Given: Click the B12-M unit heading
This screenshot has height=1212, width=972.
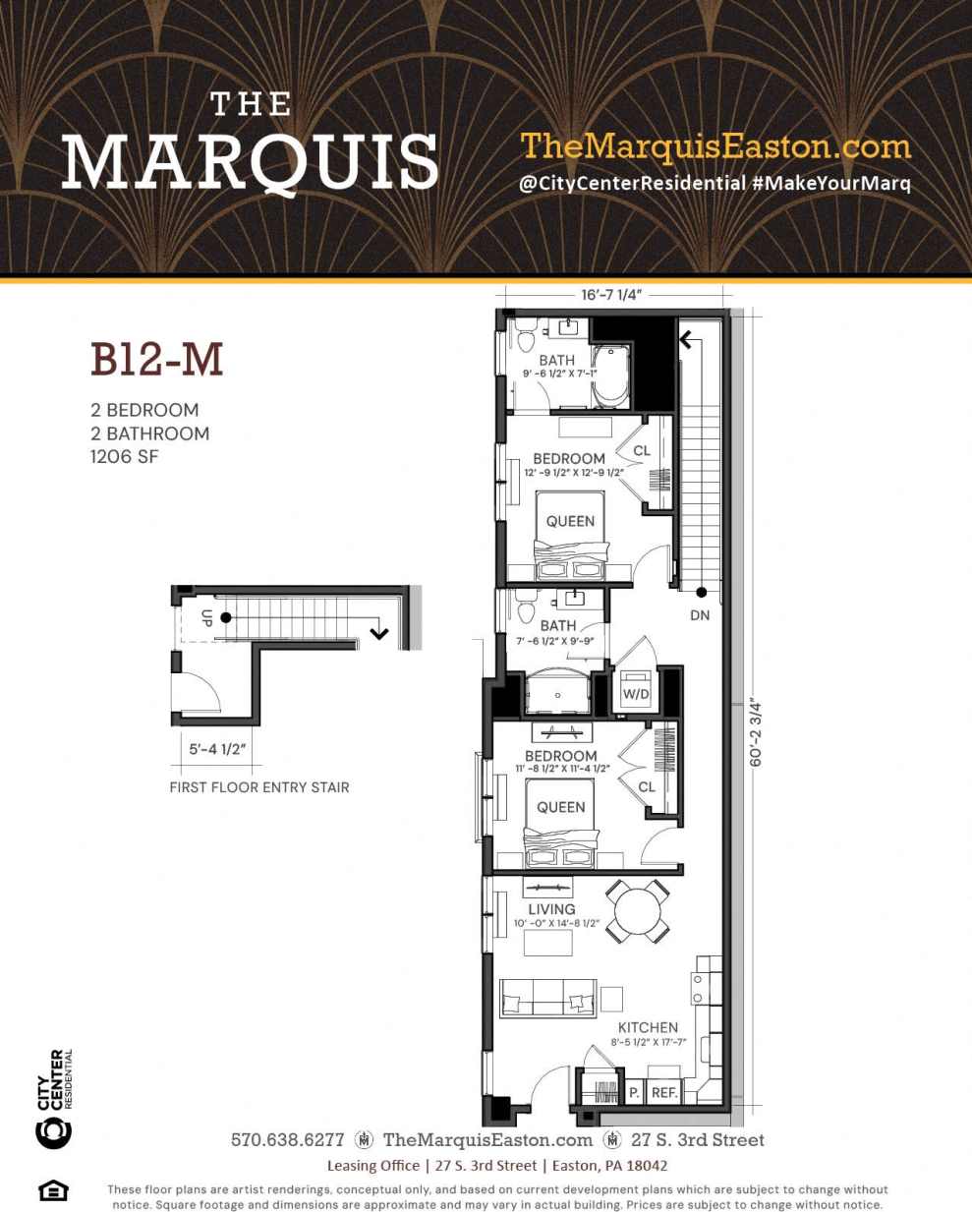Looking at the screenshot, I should pos(157,360).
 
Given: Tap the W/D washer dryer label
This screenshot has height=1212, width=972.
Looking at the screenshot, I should pos(636,693).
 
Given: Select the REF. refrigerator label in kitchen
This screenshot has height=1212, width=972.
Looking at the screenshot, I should pos(664,1092).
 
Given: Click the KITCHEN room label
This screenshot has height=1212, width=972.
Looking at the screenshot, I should pos(648,1027).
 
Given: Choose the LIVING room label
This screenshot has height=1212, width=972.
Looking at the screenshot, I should pos(551,909).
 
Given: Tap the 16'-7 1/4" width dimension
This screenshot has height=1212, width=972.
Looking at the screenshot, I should pos(610,295).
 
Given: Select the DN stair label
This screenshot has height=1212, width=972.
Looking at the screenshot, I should pos(700,615).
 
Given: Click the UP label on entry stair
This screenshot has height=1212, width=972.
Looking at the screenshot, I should pos(206,618).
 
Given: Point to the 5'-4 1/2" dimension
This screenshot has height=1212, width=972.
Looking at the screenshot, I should pos(217,749).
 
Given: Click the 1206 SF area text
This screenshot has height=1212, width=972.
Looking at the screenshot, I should pos(124,457).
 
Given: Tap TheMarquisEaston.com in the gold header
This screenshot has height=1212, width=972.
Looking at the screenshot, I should pos(715,146).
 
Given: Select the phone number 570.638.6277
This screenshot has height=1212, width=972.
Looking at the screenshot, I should pos(287,1140).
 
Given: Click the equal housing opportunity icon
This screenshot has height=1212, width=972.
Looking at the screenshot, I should pos(53,1190).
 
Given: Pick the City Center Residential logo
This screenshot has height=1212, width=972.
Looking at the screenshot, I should pos(54,1099).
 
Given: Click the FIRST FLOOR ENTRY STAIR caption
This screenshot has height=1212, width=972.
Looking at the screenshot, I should pos(259,787).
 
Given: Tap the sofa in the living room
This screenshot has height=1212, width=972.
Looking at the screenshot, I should pos(547,998).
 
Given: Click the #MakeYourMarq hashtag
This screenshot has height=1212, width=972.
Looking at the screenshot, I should pos(831,184).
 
